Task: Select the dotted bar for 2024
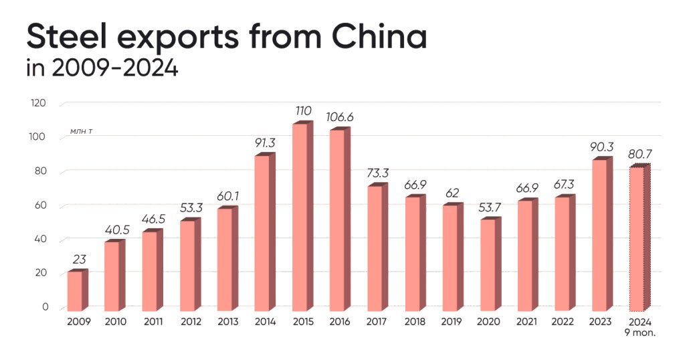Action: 640,239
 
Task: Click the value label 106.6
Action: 340,117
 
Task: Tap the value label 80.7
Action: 640,154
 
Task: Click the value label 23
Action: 78,258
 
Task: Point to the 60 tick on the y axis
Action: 40,205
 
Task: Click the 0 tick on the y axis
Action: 45,307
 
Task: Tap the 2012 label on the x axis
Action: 190,322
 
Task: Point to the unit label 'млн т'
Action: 81,132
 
